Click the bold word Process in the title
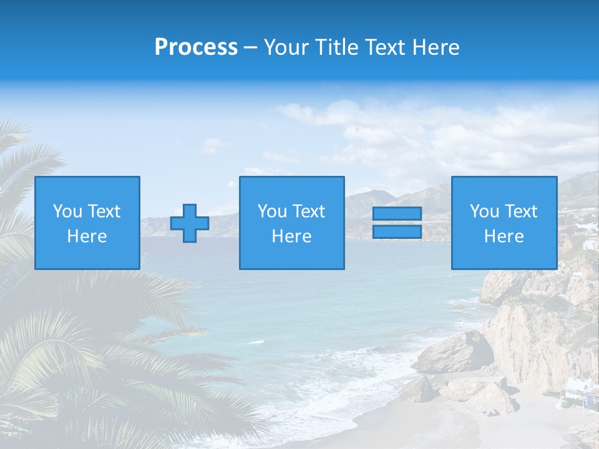tap(196, 47)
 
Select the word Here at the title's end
tap(435, 47)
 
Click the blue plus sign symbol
tap(190, 223)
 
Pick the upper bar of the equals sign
tap(397, 214)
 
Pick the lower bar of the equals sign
tap(397, 231)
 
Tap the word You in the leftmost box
tap(67, 211)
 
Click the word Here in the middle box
tap(291, 236)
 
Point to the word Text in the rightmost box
tap(521, 211)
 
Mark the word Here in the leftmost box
tap(87, 236)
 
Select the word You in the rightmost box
tap(484, 211)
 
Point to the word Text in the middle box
tap(309, 211)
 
